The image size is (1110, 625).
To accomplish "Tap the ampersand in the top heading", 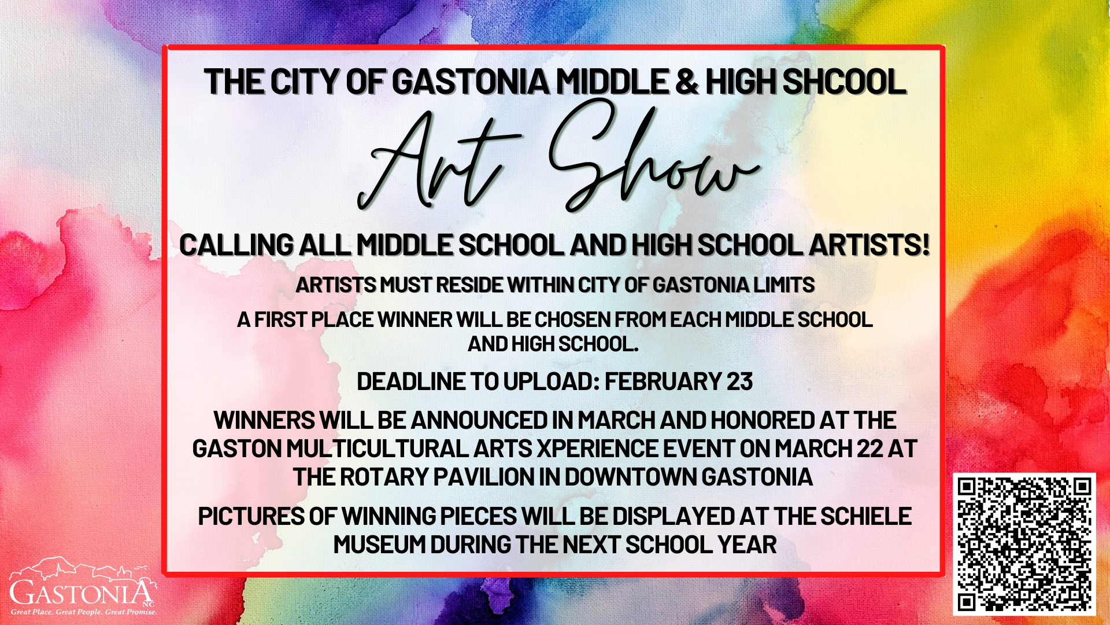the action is [x=686, y=82].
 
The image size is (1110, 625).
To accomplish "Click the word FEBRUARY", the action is [x=663, y=382].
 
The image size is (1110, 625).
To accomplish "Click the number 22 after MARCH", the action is [x=870, y=448].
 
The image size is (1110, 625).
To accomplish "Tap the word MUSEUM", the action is [x=379, y=545].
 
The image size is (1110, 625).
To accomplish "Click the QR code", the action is [x=1024, y=544].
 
